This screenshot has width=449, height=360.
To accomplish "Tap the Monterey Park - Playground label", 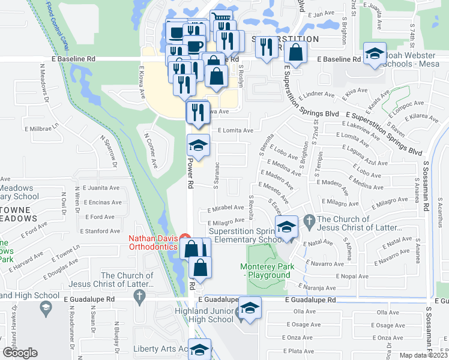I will point(265,271).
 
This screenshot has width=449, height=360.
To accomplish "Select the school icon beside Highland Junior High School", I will point(250,308).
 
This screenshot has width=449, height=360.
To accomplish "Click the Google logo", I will point(20,353).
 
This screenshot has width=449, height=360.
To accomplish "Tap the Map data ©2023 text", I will point(424,355).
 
